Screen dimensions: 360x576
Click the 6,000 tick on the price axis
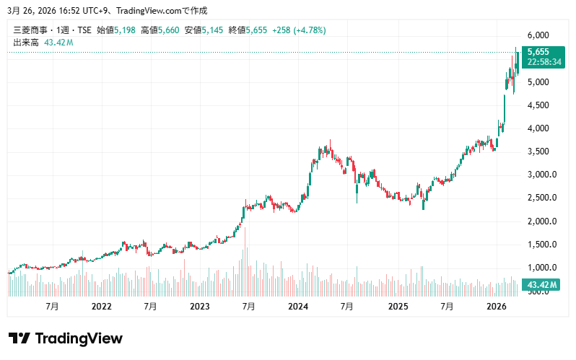538,35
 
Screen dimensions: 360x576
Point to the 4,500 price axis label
538,105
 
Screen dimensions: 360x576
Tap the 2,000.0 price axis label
541,221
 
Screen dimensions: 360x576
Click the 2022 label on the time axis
102,307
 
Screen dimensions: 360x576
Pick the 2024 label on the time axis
298,307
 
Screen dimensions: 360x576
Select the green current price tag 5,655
538,52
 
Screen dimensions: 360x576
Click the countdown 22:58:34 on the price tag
544,62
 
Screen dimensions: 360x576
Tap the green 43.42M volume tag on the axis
542,286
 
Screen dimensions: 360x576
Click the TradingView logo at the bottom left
65,338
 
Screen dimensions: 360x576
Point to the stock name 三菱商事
30,30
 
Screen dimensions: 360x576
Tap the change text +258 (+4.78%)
298,30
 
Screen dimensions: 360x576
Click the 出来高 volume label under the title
27,43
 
